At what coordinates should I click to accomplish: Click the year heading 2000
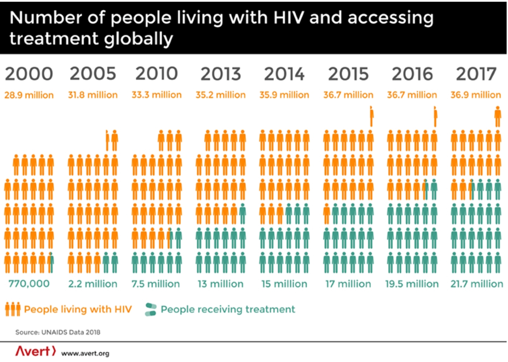[x=29, y=74]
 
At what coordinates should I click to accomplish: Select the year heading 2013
[x=221, y=74]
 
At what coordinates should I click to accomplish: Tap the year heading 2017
[x=476, y=74]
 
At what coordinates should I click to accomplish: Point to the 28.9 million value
[x=29, y=95]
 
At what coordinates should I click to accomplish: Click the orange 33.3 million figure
[x=156, y=95]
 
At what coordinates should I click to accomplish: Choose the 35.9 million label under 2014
[x=284, y=95]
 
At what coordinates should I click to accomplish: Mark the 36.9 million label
[x=476, y=95]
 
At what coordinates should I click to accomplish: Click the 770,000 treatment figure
[x=29, y=284]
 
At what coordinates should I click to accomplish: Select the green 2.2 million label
[x=93, y=284]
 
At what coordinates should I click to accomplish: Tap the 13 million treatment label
[x=221, y=284]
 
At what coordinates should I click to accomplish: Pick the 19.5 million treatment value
[x=412, y=284]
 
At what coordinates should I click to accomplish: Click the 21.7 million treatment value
[x=477, y=284]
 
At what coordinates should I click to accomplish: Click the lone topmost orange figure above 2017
[x=497, y=117]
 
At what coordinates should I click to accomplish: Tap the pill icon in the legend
[x=151, y=309]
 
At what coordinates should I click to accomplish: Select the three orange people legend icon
[x=13, y=309]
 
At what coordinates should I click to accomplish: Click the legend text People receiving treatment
[x=228, y=309]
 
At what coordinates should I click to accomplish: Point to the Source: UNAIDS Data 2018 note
[x=58, y=332]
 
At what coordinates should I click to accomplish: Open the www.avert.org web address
[x=85, y=353]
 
